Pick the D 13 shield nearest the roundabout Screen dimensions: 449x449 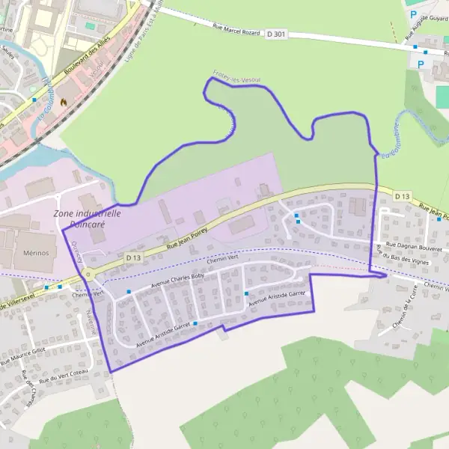(x=133, y=257)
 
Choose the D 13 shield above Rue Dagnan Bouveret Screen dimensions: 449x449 (x=402, y=196)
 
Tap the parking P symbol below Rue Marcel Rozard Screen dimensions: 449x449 (x=421, y=65)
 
